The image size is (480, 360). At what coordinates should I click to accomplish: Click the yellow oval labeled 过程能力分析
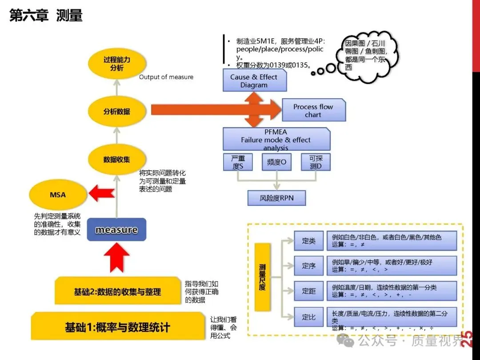117,64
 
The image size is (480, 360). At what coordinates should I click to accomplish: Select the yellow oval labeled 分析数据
117,112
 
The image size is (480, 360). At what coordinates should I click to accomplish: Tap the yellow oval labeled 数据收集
117,159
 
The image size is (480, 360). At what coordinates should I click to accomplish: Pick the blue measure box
116,230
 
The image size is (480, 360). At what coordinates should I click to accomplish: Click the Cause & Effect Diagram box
254,81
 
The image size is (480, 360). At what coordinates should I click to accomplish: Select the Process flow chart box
313,111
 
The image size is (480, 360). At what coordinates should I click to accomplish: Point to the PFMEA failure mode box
276,140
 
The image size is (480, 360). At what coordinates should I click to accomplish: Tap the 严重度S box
238,162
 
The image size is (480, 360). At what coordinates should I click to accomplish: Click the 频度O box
276,162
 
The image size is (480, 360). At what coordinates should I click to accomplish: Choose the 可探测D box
316,162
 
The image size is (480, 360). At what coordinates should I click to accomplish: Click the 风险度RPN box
276,198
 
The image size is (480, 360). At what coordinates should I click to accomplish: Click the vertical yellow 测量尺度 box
262,277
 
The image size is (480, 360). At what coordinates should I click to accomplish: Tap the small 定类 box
308,241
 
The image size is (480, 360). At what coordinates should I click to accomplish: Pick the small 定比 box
308,317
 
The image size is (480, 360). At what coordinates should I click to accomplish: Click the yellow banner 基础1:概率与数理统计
117,328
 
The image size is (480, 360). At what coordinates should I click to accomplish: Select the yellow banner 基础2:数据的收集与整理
117,292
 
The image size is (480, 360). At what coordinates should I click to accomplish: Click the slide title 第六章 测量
46,16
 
